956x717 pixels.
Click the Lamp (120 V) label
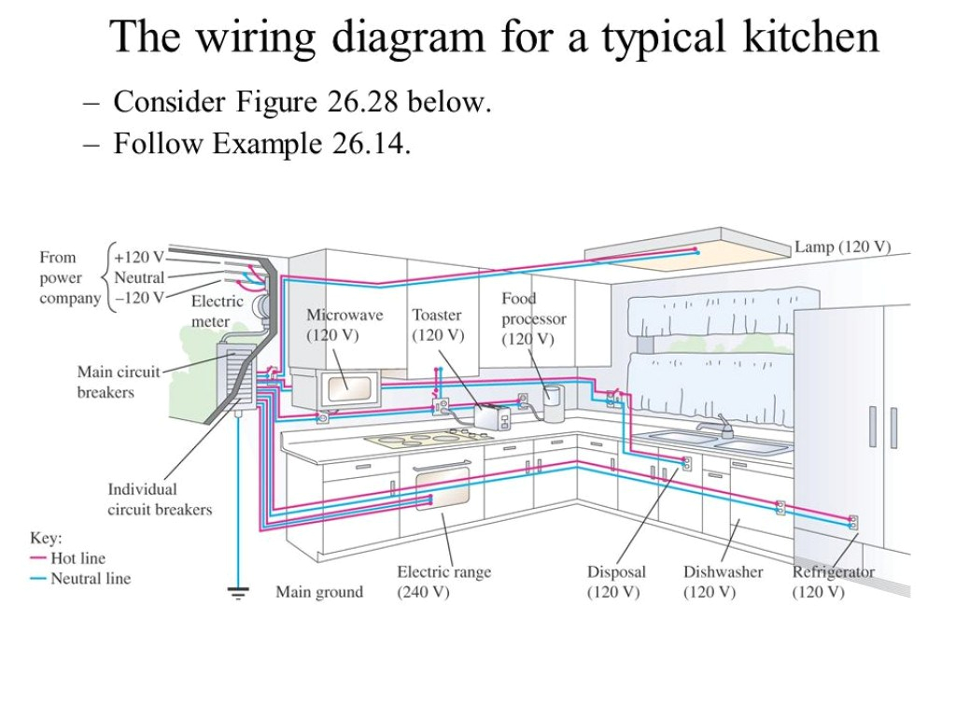(842, 247)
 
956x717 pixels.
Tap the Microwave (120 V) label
(344, 325)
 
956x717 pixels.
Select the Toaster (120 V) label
(438, 325)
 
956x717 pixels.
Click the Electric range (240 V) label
(443, 582)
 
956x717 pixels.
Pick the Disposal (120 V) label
(615, 582)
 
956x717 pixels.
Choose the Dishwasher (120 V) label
(723, 582)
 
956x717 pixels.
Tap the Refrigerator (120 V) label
(834, 582)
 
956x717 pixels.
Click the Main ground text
(319, 592)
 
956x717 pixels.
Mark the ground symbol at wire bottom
(239, 592)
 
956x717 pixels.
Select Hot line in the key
(77, 558)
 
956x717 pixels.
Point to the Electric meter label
(217, 311)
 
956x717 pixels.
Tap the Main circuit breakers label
(118, 382)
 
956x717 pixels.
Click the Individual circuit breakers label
(160, 499)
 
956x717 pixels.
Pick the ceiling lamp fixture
(687, 247)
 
